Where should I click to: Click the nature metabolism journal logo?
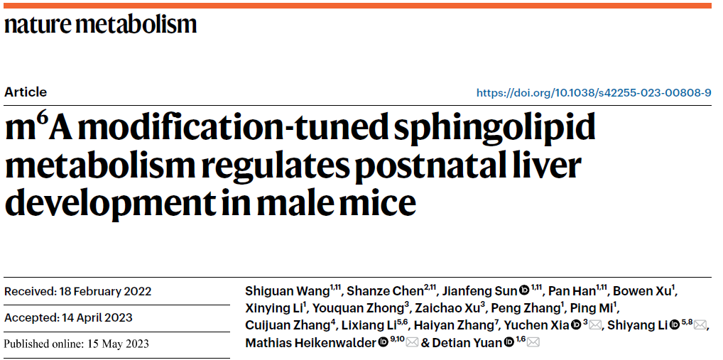(x=100, y=26)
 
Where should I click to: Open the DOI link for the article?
(x=593, y=93)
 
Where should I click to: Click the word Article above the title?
(x=26, y=92)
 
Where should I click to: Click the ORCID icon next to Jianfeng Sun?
(x=524, y=291)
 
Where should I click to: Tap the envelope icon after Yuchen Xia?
(x=596, y=325)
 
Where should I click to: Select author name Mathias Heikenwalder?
(x=310, y=343)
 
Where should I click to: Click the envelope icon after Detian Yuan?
(x=533, y=343)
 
